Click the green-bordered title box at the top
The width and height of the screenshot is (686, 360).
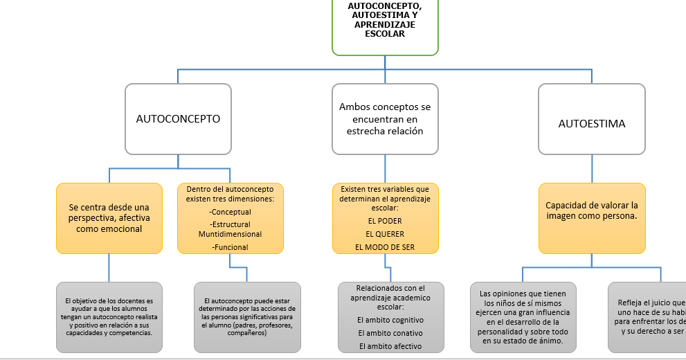385,26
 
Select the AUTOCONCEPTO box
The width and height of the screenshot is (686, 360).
178,119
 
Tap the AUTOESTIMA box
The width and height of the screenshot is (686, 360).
591,124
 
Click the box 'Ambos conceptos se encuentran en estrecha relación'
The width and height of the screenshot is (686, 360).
385,119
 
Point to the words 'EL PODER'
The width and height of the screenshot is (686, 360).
385,221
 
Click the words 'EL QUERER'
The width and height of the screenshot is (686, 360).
385,234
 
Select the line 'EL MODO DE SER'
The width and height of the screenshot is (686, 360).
385,247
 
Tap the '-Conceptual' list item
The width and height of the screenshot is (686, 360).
230,212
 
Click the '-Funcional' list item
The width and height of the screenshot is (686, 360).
230,247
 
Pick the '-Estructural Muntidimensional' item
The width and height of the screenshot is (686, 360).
230,229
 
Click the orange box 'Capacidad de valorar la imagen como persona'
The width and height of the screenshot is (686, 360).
591,210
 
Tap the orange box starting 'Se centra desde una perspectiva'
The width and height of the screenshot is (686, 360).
109,218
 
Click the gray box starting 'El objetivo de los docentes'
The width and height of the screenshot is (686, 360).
109,316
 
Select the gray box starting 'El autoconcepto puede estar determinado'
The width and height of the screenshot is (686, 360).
247,316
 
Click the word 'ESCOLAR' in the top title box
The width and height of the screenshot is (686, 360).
385,33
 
